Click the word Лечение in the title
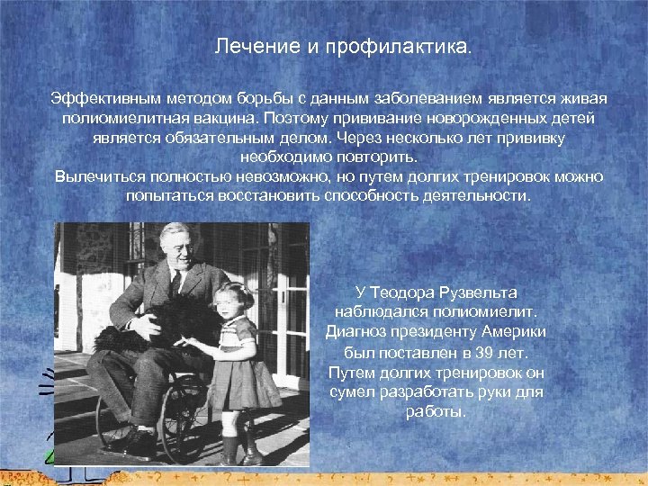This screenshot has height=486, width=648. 247,46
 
